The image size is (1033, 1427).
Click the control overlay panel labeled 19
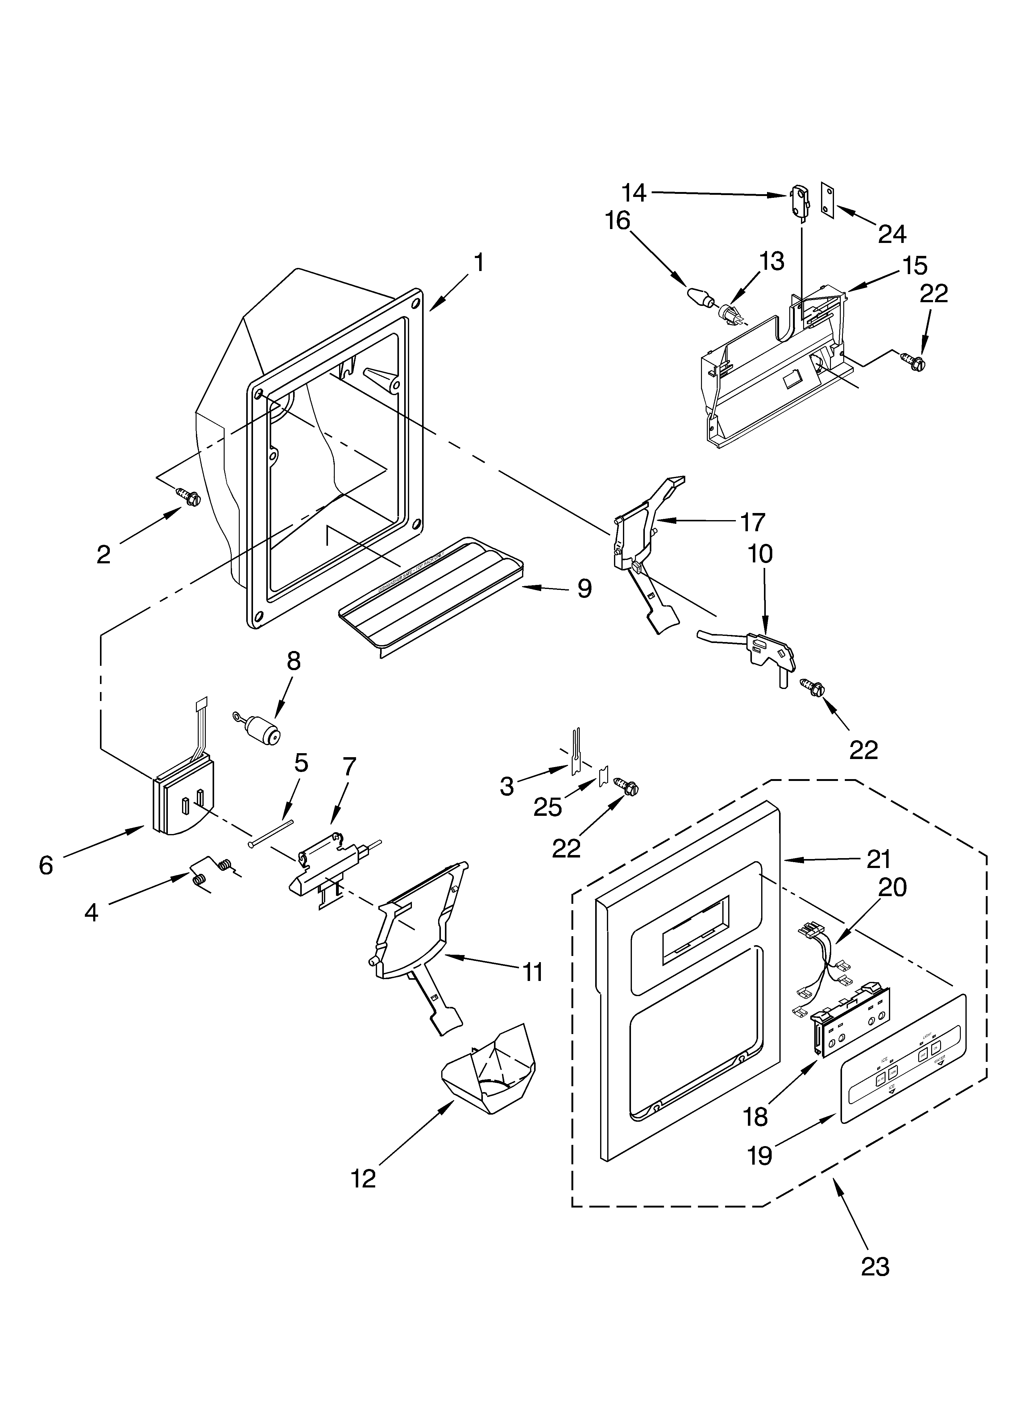tap(903, 1070)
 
